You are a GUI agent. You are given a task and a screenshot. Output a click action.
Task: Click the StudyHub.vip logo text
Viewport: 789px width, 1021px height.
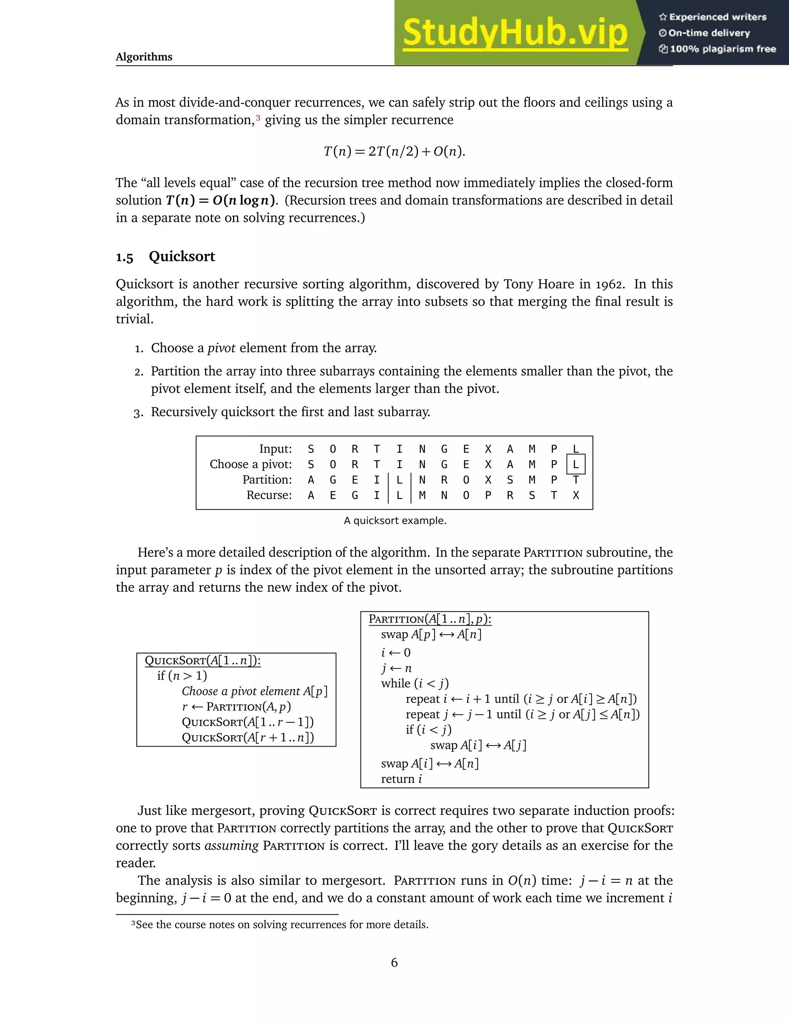(x=515, y=33)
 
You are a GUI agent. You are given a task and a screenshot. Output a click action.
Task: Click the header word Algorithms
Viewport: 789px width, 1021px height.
(x=144, y=57)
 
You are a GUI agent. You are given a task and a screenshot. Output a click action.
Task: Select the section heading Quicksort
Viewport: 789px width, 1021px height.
(x=182, y=256)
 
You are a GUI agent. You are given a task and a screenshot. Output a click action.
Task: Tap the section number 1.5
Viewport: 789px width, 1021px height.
(x=124, y=258)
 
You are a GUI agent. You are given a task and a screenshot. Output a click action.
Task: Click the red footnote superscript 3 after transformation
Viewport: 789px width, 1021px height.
(x=258, y=118)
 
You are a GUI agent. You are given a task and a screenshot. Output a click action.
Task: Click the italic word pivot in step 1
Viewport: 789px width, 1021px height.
(x=221, y=348)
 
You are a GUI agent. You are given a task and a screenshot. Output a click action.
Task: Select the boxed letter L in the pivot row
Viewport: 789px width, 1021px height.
(x=576, y=465)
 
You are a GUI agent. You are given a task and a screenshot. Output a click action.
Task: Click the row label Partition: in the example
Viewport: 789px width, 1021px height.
(x=267, y=480)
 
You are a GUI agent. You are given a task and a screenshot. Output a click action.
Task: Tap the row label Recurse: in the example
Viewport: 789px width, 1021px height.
(x=269, y=495)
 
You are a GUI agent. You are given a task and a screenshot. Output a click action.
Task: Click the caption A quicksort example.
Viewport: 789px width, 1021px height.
(x=395, y=521)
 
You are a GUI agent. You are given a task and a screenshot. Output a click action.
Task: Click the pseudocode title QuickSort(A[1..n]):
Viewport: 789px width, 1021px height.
(x=202, y=660)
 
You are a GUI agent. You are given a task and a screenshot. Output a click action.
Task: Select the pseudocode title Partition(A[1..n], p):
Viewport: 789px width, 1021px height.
(x=430, y=620)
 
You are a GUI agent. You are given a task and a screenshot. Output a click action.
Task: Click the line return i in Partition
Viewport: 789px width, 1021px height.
(x=401, y=779)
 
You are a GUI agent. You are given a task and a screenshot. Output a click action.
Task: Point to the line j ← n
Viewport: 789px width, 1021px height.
(x=396, y=668)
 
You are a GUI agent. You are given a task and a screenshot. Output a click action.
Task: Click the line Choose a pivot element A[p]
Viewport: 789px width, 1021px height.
(x=254, y=692)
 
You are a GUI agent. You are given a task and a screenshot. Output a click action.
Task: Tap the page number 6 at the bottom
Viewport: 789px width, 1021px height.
(x=394, y=962)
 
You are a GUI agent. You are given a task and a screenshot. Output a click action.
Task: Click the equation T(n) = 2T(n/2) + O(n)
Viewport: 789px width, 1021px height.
(x=394, y=151)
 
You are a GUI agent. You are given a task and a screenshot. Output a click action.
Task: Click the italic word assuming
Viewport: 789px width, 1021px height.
(x=232, y=846)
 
